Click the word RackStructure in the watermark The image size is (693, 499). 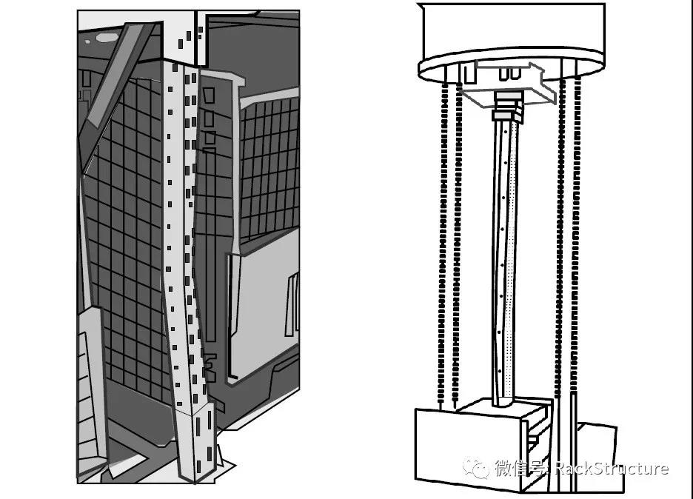coord(612,468)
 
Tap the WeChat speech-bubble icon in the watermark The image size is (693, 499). coord(475,469)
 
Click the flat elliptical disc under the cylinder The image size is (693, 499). coord(512,67)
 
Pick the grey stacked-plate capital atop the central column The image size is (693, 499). coord(507,106)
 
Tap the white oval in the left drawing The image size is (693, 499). coord(107,38)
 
